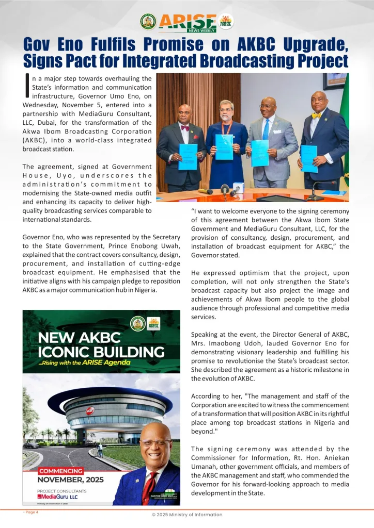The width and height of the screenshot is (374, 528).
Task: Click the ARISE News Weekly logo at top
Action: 187,21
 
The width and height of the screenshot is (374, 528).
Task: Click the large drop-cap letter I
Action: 27,86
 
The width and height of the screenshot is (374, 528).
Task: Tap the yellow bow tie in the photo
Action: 316,115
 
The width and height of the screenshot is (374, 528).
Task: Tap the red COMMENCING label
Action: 61,471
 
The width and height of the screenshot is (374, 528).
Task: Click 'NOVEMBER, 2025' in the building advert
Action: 71,480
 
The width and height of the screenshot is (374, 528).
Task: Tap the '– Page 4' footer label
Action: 30,512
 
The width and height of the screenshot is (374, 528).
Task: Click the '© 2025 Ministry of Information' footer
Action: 186,515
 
